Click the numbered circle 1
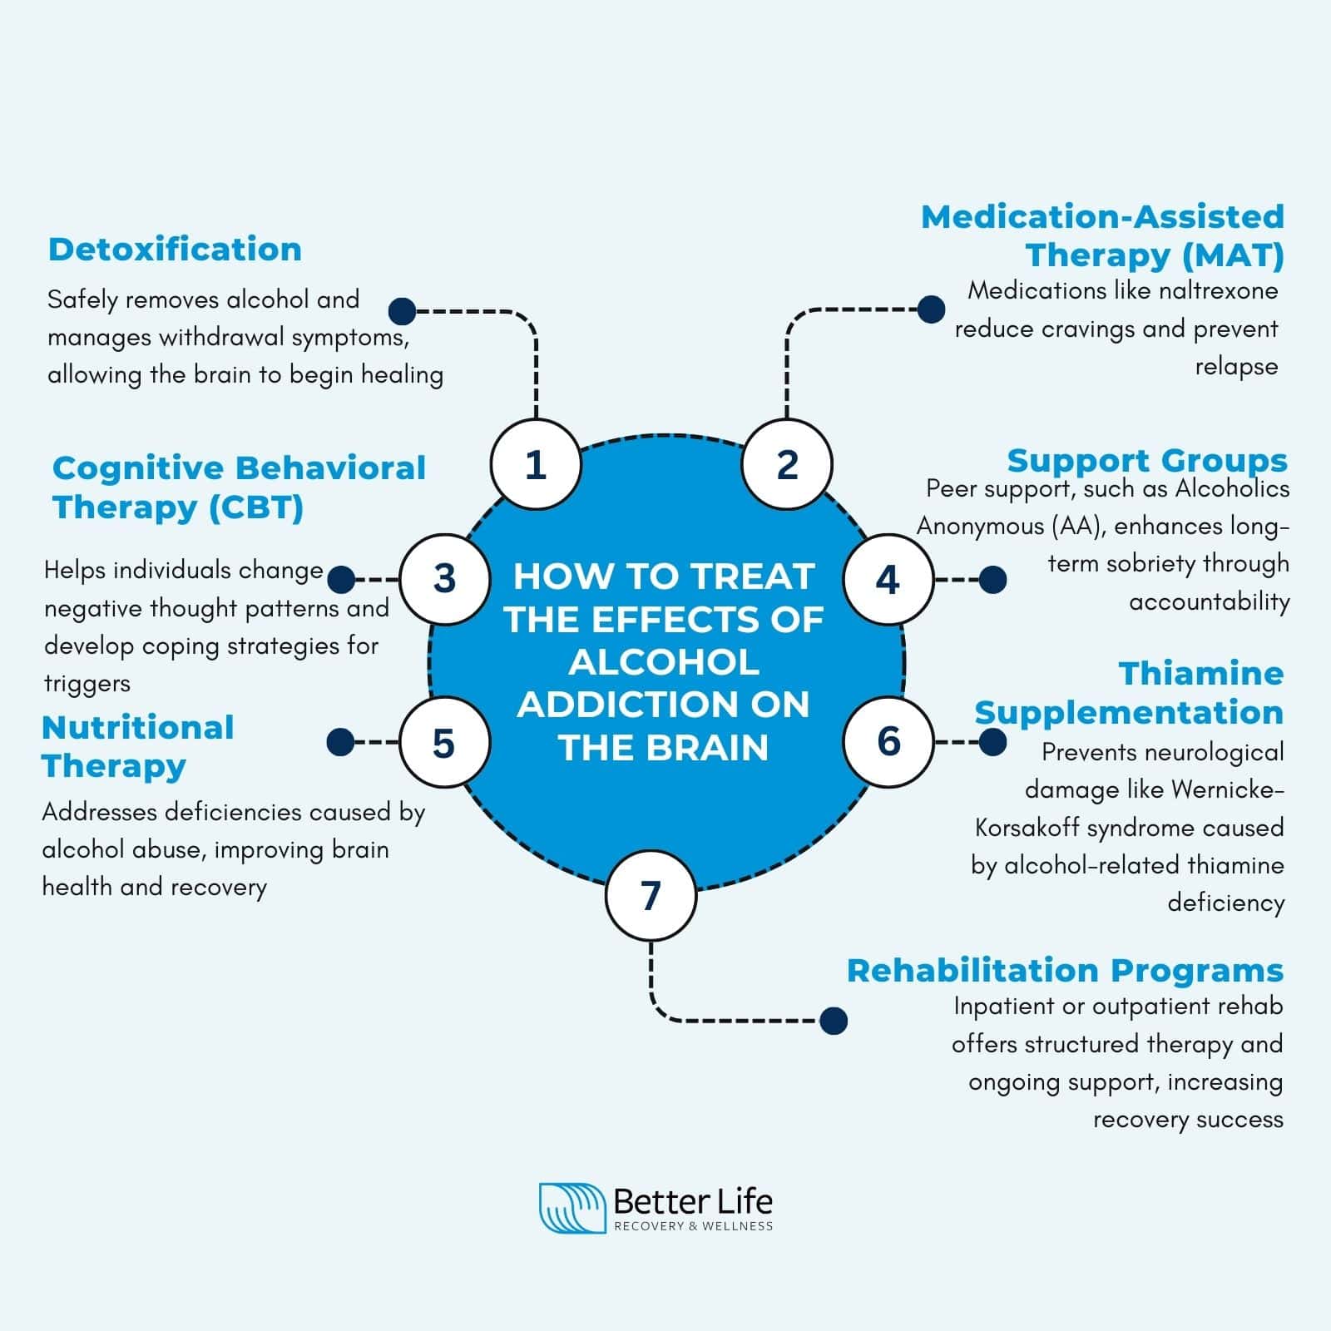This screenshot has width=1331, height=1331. pos(535,464)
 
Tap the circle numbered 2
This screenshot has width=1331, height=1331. pos(787,464)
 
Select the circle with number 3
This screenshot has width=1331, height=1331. pos(444,579)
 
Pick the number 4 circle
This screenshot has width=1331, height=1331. pos(888,579)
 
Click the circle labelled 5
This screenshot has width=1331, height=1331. pos(444,742)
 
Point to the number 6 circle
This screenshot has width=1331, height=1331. pos(888,740)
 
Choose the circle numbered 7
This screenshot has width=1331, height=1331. pos(651,895)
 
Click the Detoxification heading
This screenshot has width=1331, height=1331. pos(175,250)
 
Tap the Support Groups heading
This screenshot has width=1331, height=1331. pos(1146,460)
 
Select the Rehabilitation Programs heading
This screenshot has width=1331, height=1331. pos(1065,971)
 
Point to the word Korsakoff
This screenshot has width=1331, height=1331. pos(1027,828)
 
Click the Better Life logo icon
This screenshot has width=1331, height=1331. pos(571,1208)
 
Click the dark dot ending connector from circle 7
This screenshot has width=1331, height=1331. pos(833,1021)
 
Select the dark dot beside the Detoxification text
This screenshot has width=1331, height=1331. pos(403,311)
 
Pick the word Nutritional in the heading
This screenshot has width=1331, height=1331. pos(138,728)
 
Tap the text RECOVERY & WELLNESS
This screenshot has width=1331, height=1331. pos(693,1226)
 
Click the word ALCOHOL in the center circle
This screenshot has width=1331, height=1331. pos(664,662)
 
